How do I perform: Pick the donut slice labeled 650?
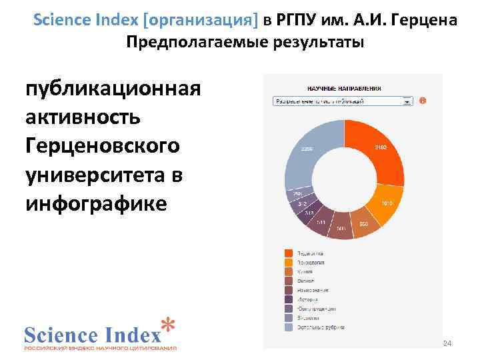[363, 223]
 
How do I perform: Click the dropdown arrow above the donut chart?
[407, 101]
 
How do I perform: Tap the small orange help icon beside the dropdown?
[423, 101]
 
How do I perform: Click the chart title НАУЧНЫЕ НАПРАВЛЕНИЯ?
[343, 87]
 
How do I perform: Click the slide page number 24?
[447, 343]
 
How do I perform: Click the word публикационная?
[112, 91]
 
